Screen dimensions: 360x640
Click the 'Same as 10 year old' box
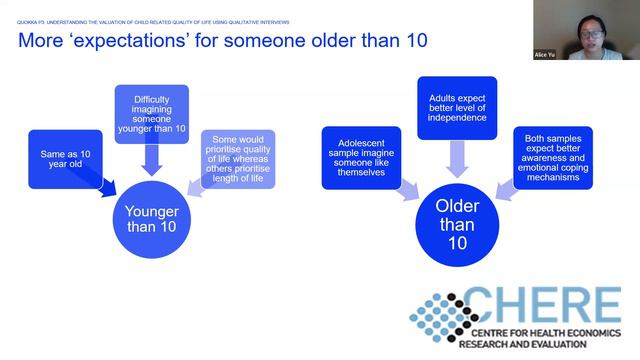click(64, 157)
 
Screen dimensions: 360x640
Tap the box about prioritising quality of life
click(238, 158)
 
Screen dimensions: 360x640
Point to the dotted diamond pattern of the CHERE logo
click(445, 317)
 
